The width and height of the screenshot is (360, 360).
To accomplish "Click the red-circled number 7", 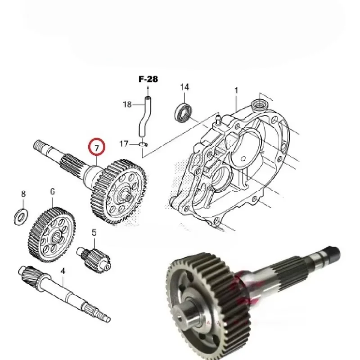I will pyautogui.click(x=96, y=147).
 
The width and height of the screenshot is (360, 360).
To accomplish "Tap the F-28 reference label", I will pyautogui.click(x=148, y=79).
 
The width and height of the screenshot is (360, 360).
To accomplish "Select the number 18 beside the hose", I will pyautogui.click(x=127, y=104).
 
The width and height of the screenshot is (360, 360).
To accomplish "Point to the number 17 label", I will pyautogui.click(x=124, y=144).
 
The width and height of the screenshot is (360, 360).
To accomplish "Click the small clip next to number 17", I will pyautogui.click(x=142, y=144).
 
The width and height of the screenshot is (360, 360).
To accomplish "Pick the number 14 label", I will pyautogui.click(x=184, y=87).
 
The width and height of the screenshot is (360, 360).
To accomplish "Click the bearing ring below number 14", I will pyautogui.click(x=184, y=112).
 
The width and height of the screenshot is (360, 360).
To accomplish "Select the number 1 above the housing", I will pyautogui.click(x=236, y=91).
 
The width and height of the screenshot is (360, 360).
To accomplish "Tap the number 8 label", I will pyautogui.click(x=23, y=194).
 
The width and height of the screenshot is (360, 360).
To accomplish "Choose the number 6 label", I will pyautogui.click(x=52, y=192).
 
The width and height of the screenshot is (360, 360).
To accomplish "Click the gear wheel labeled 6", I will pyautogui.click(x=50, y=234).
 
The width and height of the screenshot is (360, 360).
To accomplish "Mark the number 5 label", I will pyautogui.click(x=94, y=232).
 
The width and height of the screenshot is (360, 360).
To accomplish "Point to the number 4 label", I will pyautogui.click(x=63, y=271).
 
